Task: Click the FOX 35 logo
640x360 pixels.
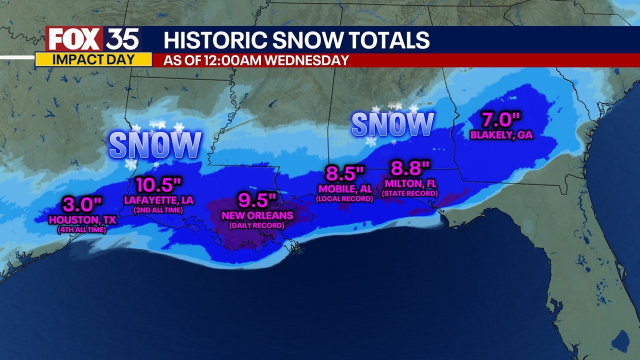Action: coord(93,39)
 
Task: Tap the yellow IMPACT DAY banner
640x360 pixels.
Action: coord(93,59)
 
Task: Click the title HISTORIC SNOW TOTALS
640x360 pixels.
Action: coord(296,40)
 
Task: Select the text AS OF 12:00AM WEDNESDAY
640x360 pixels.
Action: coord(256,60)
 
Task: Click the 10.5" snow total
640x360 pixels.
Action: coord(158,185)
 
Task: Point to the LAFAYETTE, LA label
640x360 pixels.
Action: coord(158,200)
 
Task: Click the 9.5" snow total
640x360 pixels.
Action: coord(257,201)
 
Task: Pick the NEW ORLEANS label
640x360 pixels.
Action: coord(257,215)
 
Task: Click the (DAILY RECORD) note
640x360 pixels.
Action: coord(257,225)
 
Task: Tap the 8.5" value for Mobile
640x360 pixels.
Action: coord(344,174)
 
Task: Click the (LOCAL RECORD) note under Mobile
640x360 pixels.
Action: coord(344,198)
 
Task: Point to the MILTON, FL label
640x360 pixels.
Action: coord(410,183)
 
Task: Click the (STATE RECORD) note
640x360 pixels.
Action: coord(410,193)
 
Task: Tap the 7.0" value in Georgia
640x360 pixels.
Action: coord(501,120)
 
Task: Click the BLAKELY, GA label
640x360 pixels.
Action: coord(501,135)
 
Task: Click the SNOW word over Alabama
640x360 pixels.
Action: coord(392,124)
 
